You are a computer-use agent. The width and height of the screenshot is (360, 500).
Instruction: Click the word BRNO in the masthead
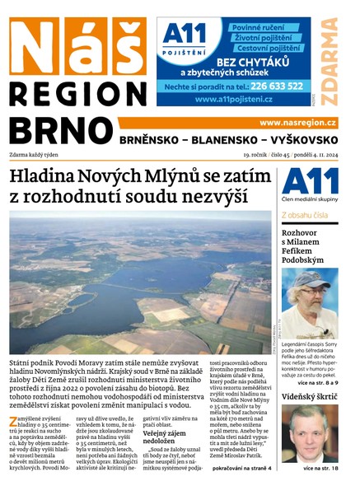[x=59, y=132]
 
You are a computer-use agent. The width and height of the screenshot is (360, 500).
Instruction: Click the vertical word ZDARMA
[x=329, y=62]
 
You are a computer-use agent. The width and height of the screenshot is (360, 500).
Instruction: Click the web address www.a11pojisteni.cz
[x=234, y=100]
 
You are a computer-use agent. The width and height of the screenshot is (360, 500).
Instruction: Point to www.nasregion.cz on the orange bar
[x=300, y=122]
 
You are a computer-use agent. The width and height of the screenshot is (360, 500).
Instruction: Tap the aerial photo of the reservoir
[x=140, y=280]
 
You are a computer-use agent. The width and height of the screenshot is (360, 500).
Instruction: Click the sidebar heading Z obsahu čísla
[x=305, y=215]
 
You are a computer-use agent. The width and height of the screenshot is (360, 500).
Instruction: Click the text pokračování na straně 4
[x=241, y=468]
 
